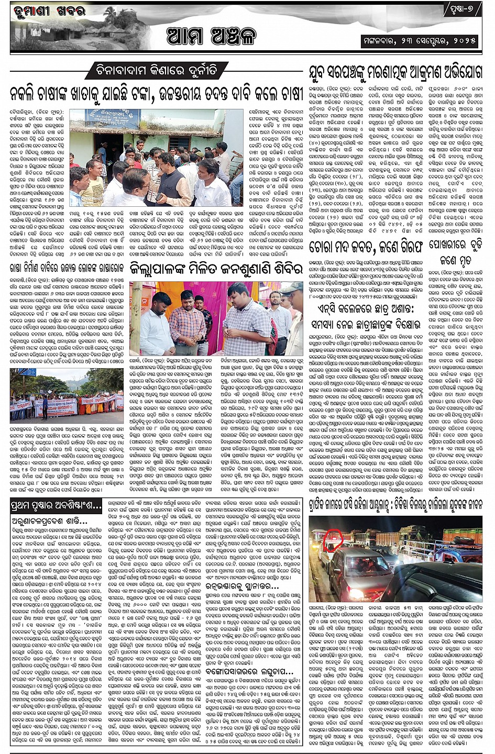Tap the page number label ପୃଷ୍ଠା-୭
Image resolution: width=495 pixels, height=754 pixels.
463,10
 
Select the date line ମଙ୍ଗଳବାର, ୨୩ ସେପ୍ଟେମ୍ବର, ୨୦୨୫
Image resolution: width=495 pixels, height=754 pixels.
420,40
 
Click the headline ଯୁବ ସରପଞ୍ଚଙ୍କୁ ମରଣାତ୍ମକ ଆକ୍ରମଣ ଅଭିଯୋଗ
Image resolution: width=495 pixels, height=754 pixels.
394,72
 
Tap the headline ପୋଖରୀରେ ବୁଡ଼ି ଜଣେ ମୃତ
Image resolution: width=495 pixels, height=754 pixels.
455,252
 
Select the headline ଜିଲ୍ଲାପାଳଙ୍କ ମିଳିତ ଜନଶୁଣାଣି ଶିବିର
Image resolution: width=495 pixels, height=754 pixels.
216,268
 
